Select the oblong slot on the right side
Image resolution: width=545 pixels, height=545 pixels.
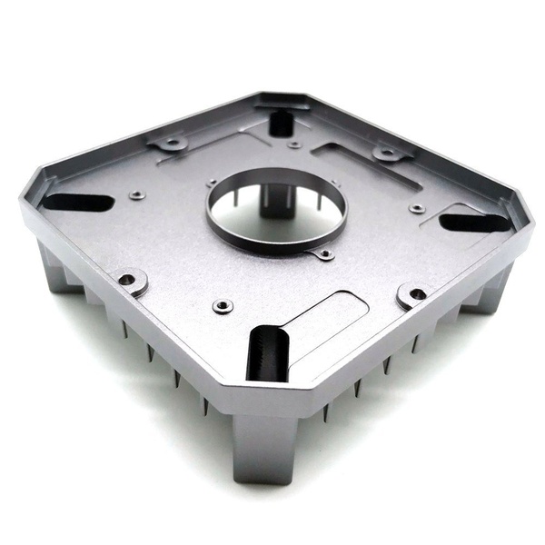[474, 222]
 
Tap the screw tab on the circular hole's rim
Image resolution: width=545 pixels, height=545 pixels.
[323, 254]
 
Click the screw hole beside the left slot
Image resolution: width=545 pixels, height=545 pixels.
[137, 194]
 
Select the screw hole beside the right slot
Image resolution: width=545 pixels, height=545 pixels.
[417, 209]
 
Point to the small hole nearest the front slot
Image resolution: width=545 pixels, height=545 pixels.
[223, 306]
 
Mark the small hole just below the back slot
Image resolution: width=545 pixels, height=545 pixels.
[293, 144]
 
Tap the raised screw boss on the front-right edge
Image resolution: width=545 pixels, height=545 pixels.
[415, 294]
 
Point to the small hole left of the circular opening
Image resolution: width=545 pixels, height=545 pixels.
[212, 183]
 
